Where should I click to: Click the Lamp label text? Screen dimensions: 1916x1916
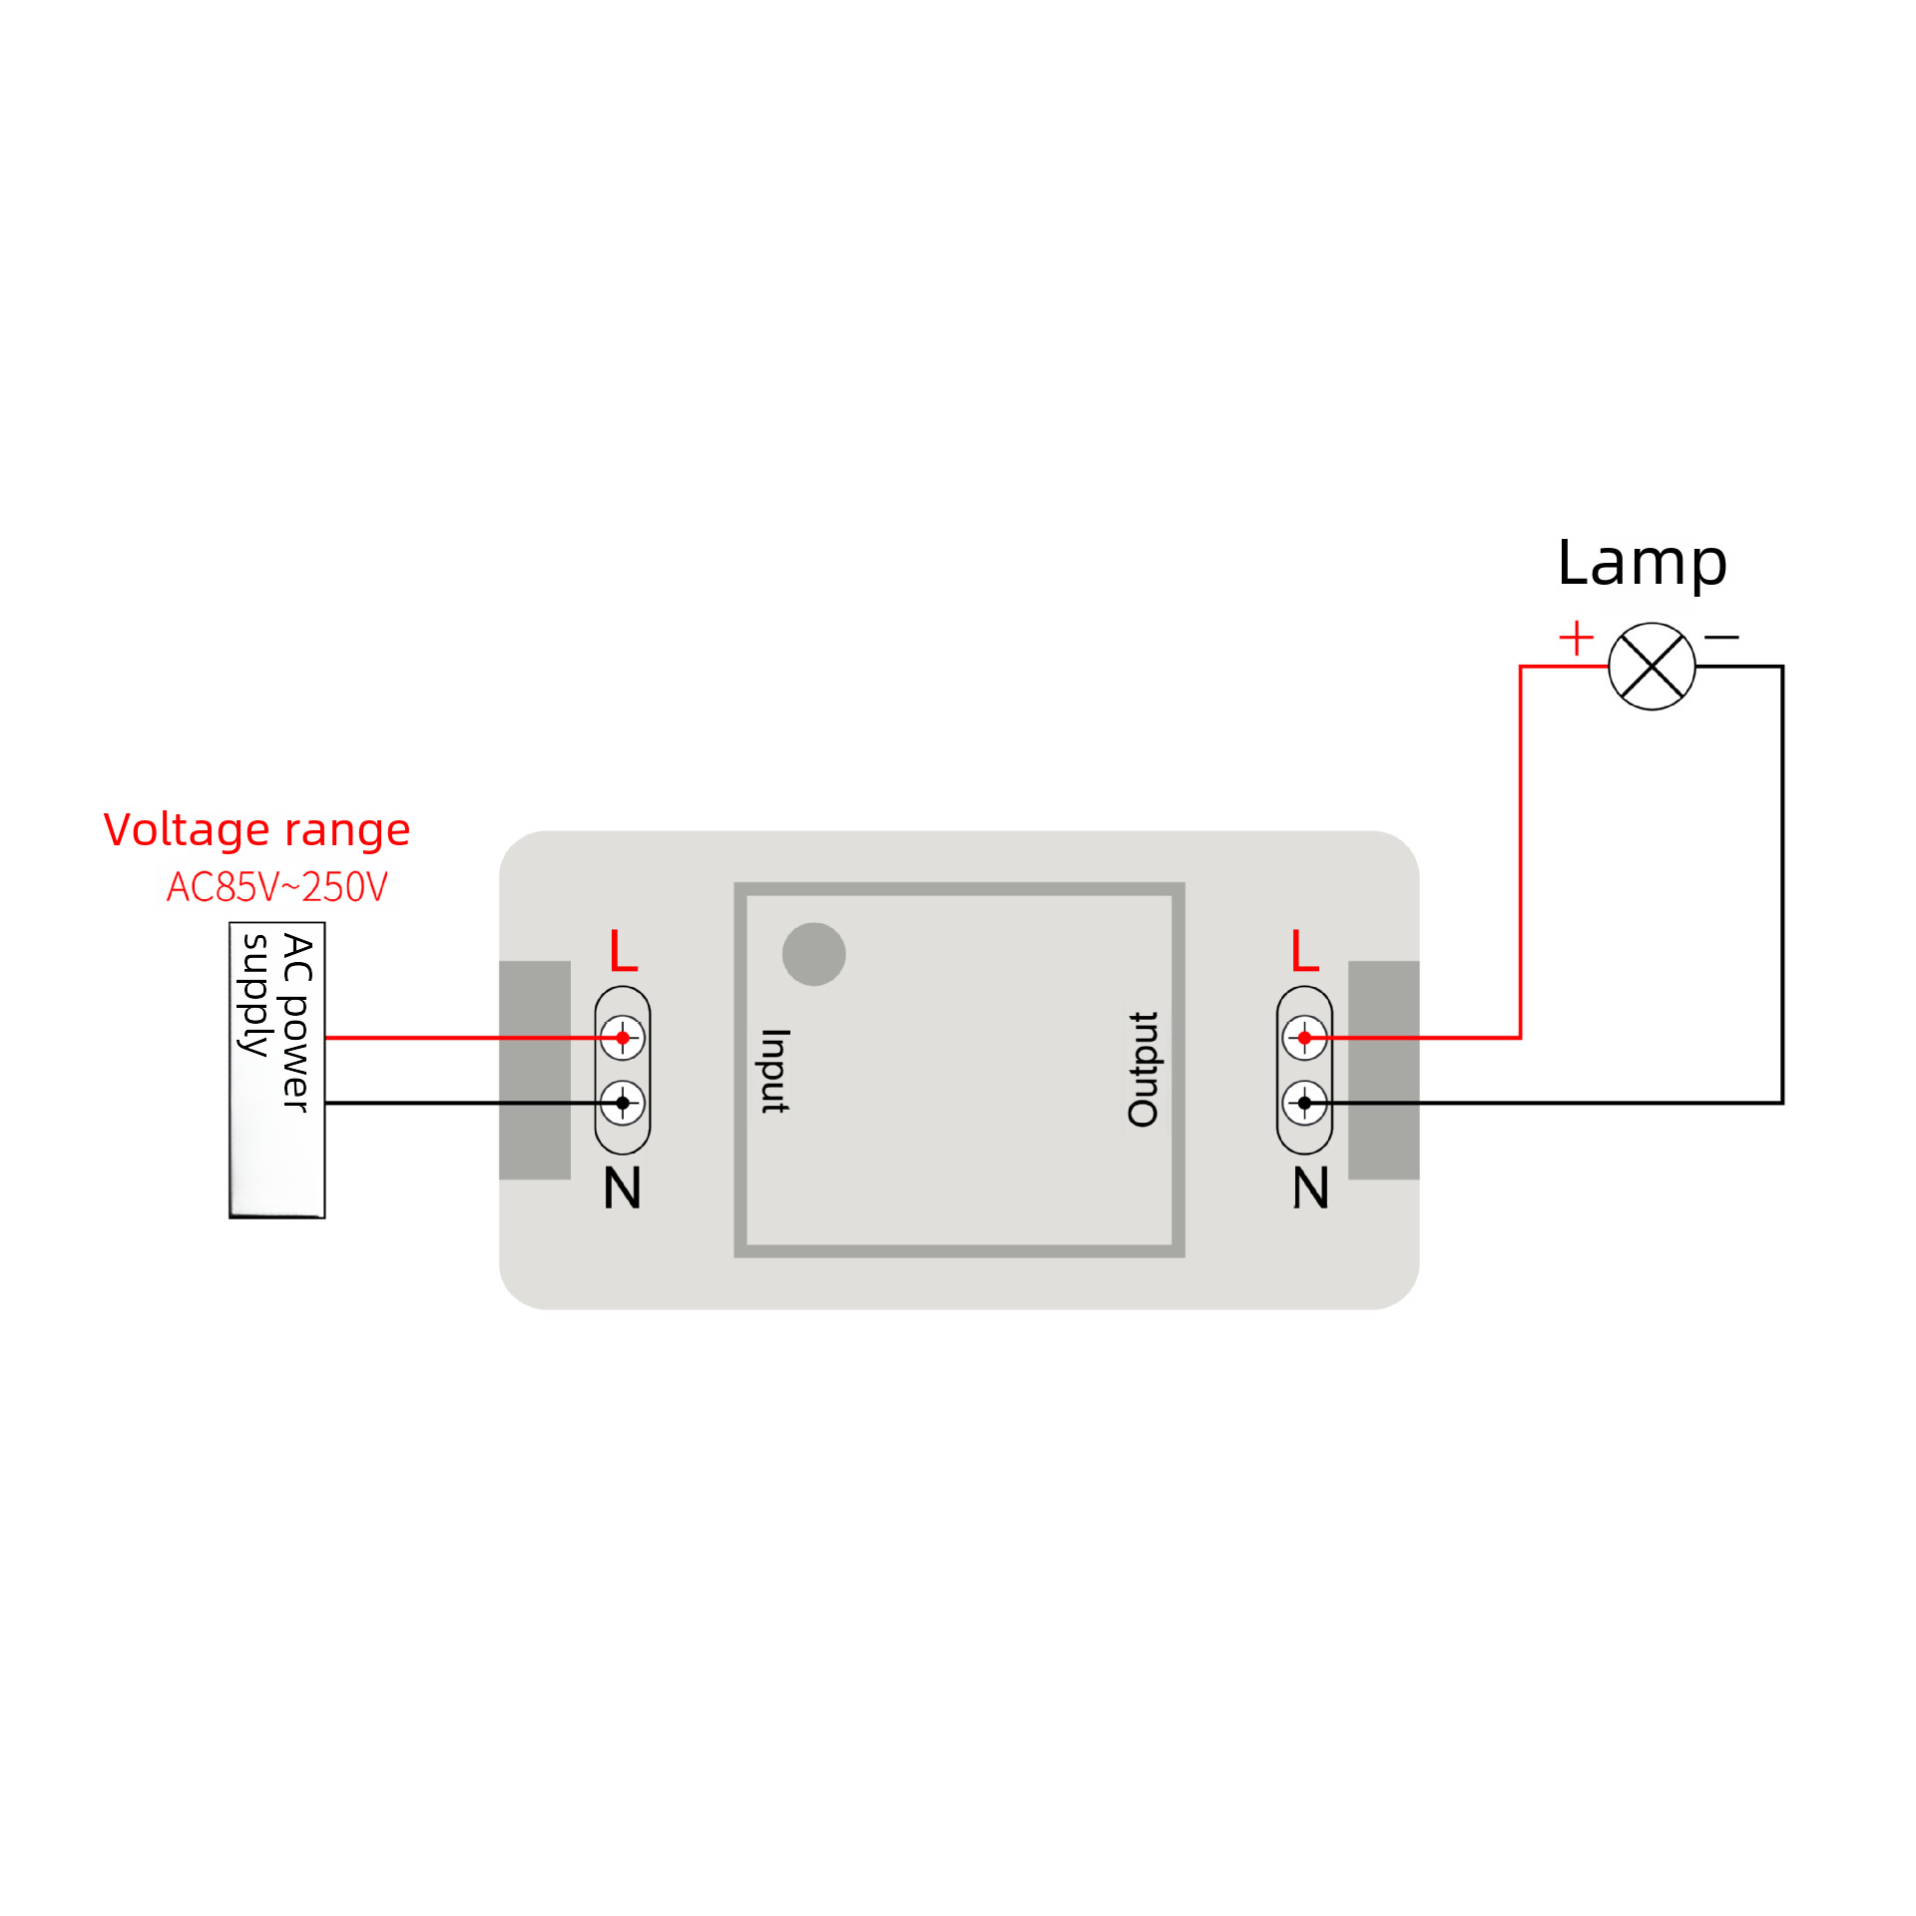click(x=1642, y=565)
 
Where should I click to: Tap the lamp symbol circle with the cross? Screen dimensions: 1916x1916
click(x=1652, y=667)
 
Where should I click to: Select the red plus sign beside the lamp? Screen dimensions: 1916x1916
click(x=1576, y=638)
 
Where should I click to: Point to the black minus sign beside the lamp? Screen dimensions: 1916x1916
click(x=1721, y=637)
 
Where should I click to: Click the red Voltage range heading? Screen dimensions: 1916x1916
click(x=256, y=830)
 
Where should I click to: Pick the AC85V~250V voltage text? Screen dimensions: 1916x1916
click(x=276, y=887)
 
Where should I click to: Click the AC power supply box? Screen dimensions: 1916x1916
click(x=276, y=1070)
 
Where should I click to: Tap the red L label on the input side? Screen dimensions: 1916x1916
click(x=623, y=950)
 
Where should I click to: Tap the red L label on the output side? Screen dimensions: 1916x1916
click(x=1304, y=950)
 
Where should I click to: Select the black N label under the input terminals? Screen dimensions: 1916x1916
click(x=622, y=1188)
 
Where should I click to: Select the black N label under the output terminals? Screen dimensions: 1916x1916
click(x=1310, y=1188)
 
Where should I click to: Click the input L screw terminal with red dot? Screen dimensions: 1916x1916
click(x=623, y=1038)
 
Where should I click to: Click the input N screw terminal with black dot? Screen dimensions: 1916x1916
click(x=623, y=1103)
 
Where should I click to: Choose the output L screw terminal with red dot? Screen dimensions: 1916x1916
click(x=1304, y=1038)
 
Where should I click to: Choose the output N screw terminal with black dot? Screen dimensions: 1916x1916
click(x=1304, y=1103)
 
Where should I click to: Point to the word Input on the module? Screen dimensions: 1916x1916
click(x=775, y=1071)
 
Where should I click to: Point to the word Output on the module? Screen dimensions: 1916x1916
click(x=1144, y=1070)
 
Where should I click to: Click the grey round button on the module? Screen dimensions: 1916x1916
click(x=814, y=954)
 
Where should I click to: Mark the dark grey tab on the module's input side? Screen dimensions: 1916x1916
click(x=535, y=1070)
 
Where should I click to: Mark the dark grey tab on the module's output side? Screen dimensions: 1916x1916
click(x=1383, y=1070)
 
